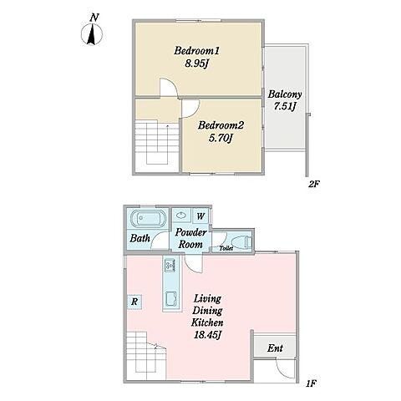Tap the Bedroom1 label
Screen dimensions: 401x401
coord(197,51)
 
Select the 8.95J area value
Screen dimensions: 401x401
coord(197,63)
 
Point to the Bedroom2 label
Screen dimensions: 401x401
coord(221,125)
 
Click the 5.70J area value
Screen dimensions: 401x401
coord(221,138)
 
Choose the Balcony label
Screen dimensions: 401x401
coord(285,94)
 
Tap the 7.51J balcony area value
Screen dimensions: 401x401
coord(285,107)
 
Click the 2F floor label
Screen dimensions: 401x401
coord(313,184)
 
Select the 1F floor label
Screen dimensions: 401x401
coord(311,384)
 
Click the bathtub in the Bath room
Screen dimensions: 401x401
coord(148,219)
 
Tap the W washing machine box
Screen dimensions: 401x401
coord(200,216)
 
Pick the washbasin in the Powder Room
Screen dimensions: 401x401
coord(181,216)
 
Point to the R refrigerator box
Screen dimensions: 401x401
coord(135,302)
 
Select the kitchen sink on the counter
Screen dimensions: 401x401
coord(171,300)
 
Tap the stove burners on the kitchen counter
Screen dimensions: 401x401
coord(170,266)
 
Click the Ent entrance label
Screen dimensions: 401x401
coord(275,348)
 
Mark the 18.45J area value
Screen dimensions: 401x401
coord(207,335)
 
